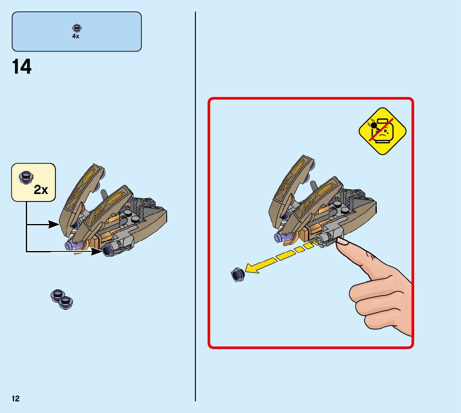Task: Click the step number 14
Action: click(x=22, y=67)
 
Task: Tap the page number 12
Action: click(x=15, y=399)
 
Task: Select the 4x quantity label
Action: click(x=75, y=36)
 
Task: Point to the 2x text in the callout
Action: click(x=41, y=190)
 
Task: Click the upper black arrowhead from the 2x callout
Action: click(x=54, y=224)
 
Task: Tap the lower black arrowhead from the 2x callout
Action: click(x=96, y=251)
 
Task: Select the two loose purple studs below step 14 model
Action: click(x=62, y=298)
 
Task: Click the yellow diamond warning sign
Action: click(x=382, y=131)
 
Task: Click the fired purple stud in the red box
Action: click(x=237, y=274)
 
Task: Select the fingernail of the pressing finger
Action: click(x=343, y=241)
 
